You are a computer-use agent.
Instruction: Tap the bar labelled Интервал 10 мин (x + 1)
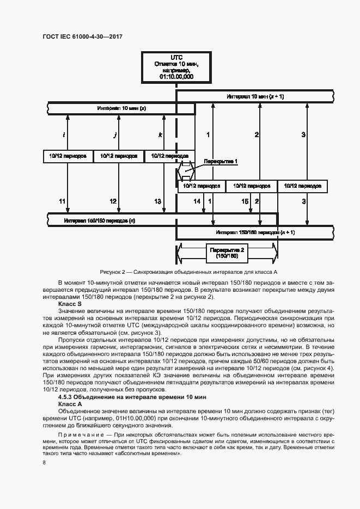coord(255,96)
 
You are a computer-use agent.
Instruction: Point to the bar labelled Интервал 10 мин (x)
coord(121,108)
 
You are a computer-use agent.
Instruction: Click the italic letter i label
coord(64,134)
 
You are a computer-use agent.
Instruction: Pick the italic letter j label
coord(114,134)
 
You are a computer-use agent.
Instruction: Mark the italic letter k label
coord(160,134)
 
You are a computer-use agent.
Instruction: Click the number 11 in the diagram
coord(62,201)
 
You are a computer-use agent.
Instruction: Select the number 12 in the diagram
coord(113,201)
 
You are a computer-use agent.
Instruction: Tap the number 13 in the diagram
coord(157,201)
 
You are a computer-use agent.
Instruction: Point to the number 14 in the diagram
coord(197,201)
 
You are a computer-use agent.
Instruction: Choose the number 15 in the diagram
coord(245,201)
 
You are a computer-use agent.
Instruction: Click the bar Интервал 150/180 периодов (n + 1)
coord(255,232)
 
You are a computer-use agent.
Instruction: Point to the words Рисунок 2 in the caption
coord(113,272)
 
